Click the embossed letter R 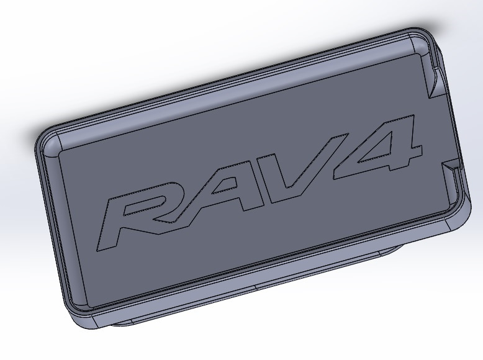[133, 214]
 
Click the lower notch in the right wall [452, 165]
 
